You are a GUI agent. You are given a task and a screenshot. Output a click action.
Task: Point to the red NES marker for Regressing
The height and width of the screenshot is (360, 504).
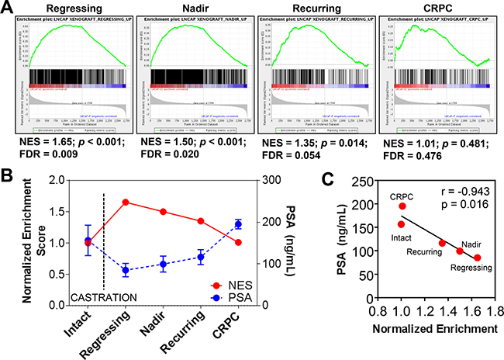click(126, 202)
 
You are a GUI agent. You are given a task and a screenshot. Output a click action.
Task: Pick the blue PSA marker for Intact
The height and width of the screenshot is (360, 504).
click(88, 241)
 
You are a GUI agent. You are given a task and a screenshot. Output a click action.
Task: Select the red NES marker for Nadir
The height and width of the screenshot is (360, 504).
click(163, 212)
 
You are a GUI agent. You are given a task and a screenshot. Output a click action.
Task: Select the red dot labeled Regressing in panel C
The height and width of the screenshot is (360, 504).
click(477, 258)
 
